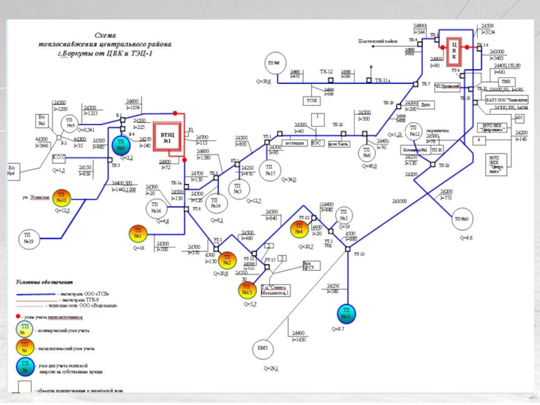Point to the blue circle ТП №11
[346, 315]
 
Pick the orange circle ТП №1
[138, 234]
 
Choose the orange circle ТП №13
[246, 290]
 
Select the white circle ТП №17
[270, 170]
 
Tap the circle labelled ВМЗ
[263, 349]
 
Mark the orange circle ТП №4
[299, 230]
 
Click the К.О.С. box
[59, 157]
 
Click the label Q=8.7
[338, 329]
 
